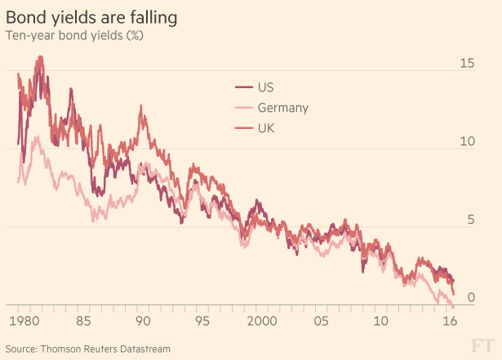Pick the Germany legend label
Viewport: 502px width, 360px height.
[x=282, y=108]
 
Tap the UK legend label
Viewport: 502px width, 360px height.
[x=266, y=127]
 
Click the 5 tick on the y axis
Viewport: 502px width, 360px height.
[x=468, y=220]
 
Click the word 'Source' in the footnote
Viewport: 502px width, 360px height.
[x=24, y=349]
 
